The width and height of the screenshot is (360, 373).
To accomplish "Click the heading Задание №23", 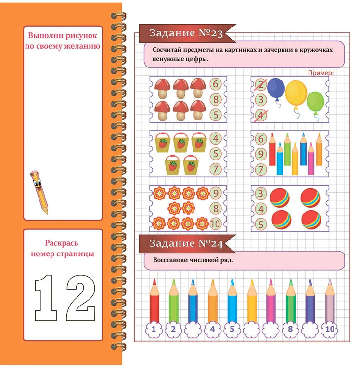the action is [186, 33].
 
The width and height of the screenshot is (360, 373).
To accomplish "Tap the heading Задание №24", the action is [186, 243].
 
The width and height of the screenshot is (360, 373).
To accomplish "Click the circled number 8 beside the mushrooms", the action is [216, 99].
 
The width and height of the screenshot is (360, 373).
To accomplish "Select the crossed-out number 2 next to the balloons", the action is [261, 84].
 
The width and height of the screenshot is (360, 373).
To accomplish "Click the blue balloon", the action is [276, 88].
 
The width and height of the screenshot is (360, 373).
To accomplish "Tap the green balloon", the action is [315, 102].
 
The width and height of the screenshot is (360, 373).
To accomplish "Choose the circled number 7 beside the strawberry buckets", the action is [216, 169].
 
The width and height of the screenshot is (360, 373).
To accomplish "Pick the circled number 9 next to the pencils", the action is [261, 154].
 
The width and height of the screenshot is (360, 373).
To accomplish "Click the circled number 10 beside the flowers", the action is [215, 224].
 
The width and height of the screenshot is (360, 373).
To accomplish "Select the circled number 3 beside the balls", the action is [261, 194].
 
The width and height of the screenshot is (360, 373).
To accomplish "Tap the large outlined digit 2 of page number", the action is [81, 298].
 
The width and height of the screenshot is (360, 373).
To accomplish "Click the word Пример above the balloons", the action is [321, 73].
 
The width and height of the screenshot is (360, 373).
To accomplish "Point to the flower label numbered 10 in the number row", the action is [330, 329].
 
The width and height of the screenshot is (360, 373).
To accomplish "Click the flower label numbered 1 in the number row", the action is [154, 329].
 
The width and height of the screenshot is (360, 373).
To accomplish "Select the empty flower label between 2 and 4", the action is [193, 330].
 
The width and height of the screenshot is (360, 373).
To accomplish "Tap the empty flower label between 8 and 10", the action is [310, 330].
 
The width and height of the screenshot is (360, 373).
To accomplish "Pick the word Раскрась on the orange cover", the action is [62, 243].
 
